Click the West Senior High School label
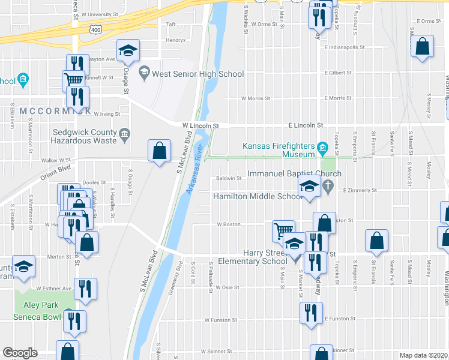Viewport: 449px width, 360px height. [x=197, y=74]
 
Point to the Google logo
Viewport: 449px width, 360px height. [x=20, y=353]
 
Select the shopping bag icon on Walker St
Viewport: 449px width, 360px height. [x=159, y=151]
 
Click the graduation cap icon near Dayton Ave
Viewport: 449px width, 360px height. [x=127, y=52]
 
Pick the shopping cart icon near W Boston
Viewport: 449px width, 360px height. [x=283, y=230]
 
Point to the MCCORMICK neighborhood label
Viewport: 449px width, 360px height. [x=55, y=112]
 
